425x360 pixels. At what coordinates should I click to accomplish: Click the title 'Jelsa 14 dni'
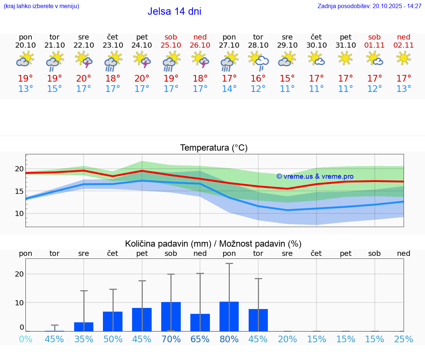(x=174, y=11)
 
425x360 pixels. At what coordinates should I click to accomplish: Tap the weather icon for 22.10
(x=84, y=59)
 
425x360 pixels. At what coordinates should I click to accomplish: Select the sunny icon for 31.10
(x=345, y=58)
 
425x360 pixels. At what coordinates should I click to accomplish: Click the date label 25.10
(x=171, y=45)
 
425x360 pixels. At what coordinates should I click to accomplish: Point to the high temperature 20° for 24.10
(x=142, y=78)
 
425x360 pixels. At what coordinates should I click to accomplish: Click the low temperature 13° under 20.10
(x=25, y=89)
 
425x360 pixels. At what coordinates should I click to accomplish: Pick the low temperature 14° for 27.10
(x=229, y=89)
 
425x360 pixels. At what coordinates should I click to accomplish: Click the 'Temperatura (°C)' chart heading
(x=214, y=148)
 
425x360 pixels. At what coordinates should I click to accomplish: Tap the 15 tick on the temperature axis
(x=19, y=191)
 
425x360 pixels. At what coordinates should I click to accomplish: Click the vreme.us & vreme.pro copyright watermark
(x=315, y=176)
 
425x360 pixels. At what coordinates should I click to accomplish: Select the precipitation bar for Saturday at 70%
(x=171, y=316)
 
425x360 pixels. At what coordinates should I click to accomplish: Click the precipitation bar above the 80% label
(x=229, y=316)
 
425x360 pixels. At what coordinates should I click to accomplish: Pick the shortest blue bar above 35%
(x=84, y=327)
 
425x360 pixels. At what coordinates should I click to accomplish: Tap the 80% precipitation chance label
(x=229, y=339)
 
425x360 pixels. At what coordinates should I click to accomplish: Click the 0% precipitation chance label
(x=25, y=339)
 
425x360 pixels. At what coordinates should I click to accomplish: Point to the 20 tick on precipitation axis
(x=19, y=274)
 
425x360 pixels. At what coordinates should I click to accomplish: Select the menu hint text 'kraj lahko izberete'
(x=41, y=6)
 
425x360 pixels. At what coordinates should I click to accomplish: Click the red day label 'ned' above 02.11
(x=404, y=37)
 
